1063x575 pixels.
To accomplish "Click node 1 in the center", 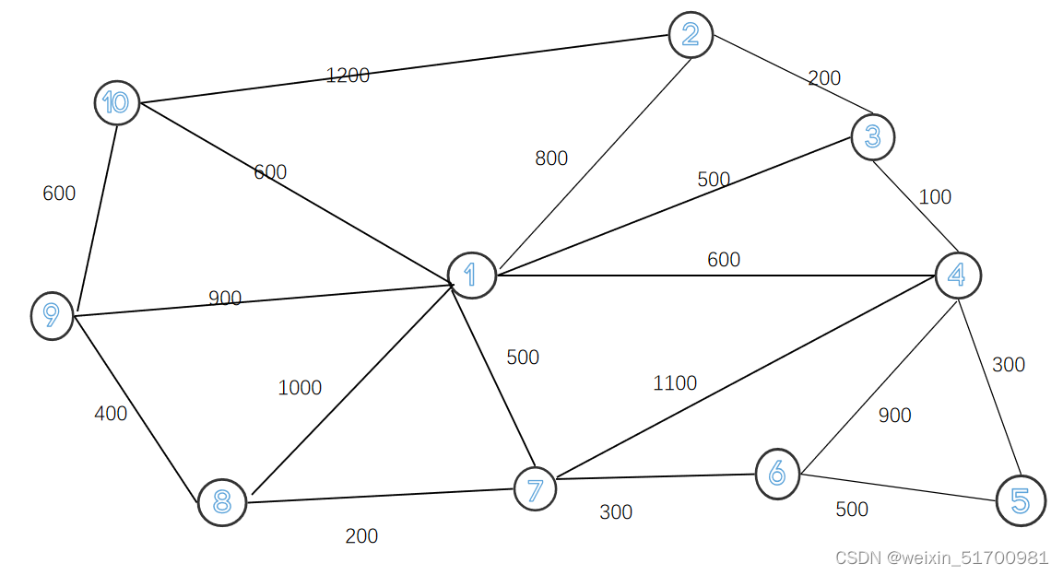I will point(472,275).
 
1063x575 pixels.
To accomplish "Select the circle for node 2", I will point(691,35).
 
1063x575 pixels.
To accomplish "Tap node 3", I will point(872,137).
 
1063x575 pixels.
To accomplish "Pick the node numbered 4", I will point(958,275).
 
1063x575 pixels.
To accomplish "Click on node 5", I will point(1021,500).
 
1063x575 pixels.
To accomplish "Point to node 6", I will point(777,474).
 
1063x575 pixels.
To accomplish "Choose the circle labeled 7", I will point(535,488).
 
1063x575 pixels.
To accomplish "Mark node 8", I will point(222,502).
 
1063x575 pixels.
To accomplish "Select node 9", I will point(52,315).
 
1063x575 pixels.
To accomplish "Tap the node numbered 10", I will point(117,102).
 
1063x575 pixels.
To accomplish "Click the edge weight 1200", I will point(348,76).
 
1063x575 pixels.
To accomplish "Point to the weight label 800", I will point(551,158).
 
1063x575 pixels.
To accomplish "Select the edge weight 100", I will point(935,197).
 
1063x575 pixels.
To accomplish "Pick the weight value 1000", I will point(300,388).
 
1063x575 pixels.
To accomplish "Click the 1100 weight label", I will point(675,383).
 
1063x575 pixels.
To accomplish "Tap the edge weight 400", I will point(111,414).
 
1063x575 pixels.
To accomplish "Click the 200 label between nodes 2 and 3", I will point(824,78).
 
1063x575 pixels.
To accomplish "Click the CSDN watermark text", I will point(941,557).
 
